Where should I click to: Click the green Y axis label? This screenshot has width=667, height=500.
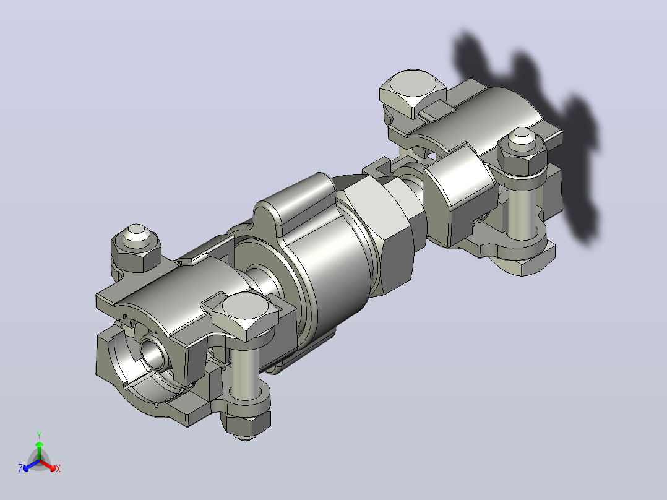[x=39, y=435]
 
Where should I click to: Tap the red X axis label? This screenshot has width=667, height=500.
[x=58, y=468]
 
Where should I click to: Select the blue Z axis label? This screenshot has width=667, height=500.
[x=20, y=468]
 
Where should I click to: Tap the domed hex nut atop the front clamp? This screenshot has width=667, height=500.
[x=136, y=247]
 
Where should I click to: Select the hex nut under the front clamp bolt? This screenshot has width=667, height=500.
[x=246, y=421]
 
